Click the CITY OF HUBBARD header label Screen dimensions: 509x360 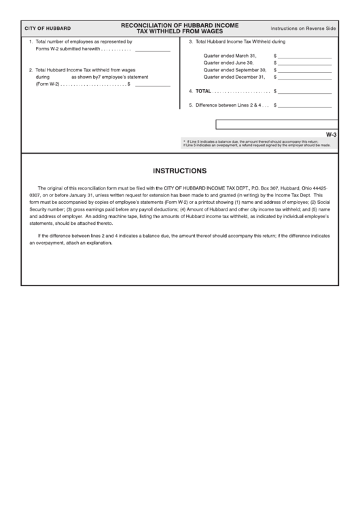[47, 29]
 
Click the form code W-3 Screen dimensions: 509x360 [331, 135]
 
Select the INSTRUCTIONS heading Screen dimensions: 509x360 [179, 171]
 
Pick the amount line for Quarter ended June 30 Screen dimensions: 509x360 [304, 63]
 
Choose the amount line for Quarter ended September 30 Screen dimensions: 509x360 [304, 70]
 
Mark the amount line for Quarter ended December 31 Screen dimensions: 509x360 [304, 77]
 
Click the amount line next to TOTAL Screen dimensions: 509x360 [304, 91]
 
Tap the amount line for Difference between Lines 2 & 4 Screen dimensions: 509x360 [304, 105]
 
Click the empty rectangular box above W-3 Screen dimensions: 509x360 [276, 124]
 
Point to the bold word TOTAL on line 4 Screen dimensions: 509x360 [203, 90]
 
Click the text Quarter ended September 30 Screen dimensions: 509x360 [234, 69]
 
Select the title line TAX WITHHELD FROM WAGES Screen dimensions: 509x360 [179, 32]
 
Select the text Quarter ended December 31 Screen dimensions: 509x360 [234, 77]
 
